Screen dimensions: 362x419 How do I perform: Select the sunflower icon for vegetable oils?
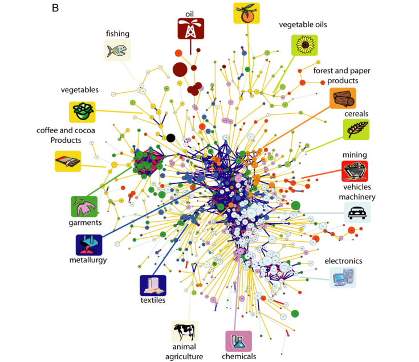[304, 45]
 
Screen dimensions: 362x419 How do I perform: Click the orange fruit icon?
[247, 14]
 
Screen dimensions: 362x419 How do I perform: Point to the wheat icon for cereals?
[356, 129]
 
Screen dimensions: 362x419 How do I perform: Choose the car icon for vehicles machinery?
[357, 212]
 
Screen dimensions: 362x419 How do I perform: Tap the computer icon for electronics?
[343, 277]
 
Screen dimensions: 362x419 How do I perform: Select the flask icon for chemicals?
[238, 341]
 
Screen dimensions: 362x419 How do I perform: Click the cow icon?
[185, 331]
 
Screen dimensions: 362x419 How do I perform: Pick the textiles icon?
[153, 285]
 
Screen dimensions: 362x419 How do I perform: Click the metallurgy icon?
[89, 245]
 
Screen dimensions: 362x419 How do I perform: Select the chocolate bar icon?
[68, 161]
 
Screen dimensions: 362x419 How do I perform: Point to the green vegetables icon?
[82, 112]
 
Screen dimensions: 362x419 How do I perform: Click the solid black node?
[170, 137]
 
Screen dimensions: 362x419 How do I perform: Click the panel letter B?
[56, 8]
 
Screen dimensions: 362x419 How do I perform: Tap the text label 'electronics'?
[343, 261]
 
